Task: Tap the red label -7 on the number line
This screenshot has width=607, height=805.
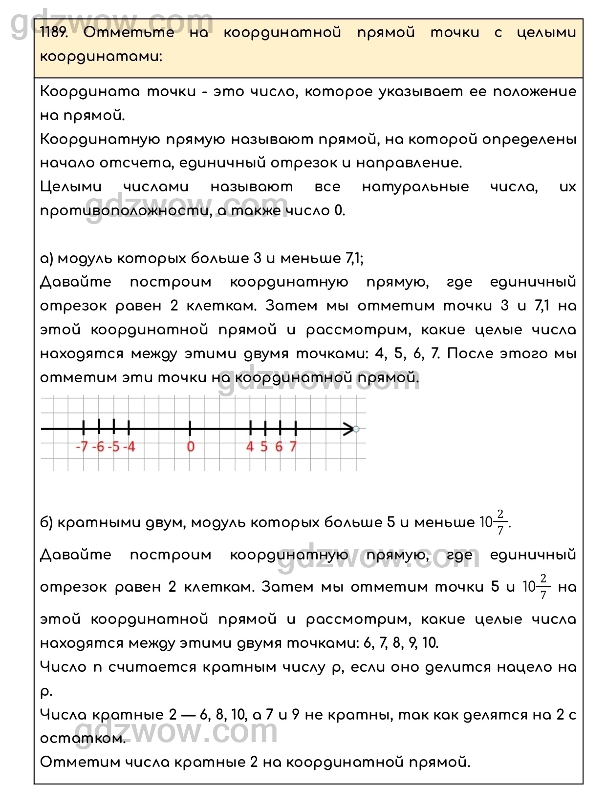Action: click(x=82, y=446)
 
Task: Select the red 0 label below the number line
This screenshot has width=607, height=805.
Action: click(x=191, y=446)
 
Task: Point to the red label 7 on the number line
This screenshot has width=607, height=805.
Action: click(x=293, y=446)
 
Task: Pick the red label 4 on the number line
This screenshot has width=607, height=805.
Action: click(x=250, y=446)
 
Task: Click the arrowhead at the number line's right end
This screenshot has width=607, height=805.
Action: click(x=349, y=430)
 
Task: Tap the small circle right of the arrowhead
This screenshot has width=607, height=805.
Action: click(x=356, y=430)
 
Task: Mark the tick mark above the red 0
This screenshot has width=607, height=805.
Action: click(x=190, y=428)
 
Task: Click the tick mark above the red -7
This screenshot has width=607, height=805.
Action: click(x=84, y=428)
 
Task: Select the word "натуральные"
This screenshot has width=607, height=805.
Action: click(x=415, y=187)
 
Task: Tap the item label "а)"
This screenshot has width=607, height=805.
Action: click(x=47, y=258)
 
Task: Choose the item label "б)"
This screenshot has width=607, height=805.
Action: click(x=47, y=523)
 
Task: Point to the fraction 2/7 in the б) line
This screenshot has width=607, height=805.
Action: click(x=500, y=522)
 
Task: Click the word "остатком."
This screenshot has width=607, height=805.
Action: click(x=83, y=738)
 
